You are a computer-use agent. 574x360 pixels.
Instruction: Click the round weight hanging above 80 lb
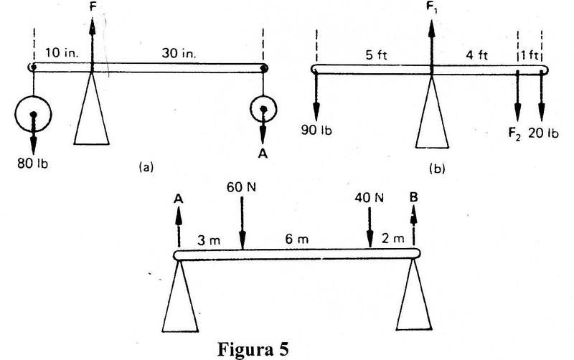[x=33, y=114]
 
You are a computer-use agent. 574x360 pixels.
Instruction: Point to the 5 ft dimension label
[x=373, y=55]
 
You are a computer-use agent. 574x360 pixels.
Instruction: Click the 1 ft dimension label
[x=529, y=55]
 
